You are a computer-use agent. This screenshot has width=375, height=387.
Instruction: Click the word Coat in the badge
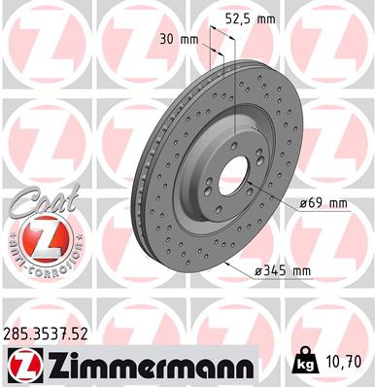tap(39, 199)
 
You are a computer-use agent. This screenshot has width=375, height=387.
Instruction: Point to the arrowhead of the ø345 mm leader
tap(226, 264)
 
